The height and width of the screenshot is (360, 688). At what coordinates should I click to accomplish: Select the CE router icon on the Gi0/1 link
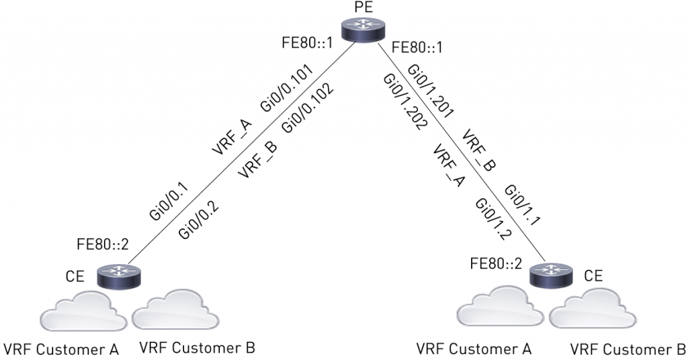pos(550,275)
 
